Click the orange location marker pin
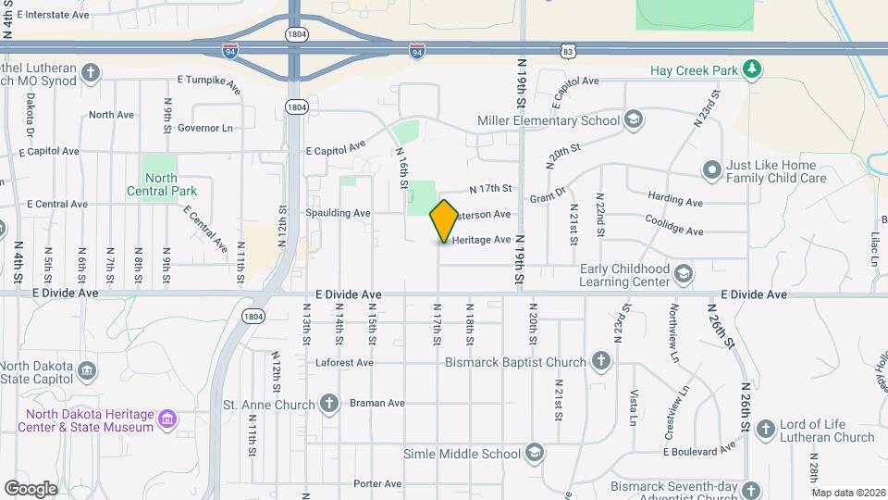[445, 220]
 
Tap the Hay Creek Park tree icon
[754, 68]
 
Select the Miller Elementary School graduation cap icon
[634, 120]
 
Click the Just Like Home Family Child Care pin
[711, 169]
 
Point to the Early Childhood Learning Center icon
[683, 273]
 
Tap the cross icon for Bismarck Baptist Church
[601, 362]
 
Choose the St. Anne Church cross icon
[329, 403]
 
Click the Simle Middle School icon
[534, 453]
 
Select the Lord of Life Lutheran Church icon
[765, 429]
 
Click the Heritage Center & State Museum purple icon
[167, 420]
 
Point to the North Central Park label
[161, 184]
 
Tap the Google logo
[31, 488]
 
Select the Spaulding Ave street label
[338, 213]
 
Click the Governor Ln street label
[205, 128]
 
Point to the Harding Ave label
[676, 199]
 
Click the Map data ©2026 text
[848, 493]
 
